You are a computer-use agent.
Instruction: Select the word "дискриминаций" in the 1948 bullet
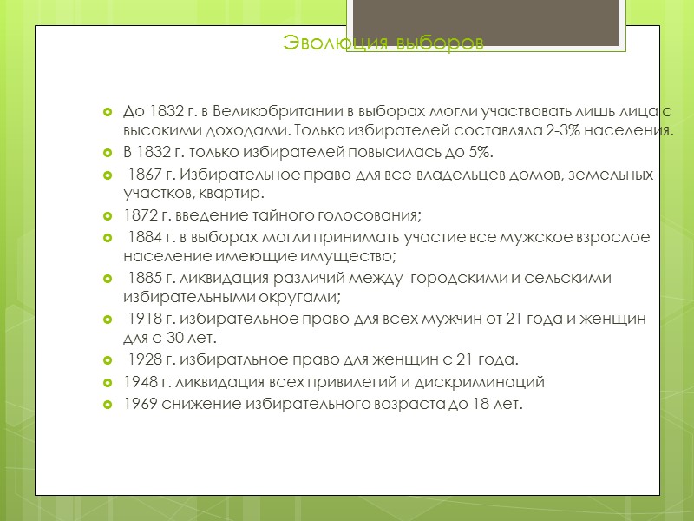[495, 381]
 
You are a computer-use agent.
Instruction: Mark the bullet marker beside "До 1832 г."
[108, 113]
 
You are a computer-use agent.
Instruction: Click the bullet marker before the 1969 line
[108, 404]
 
